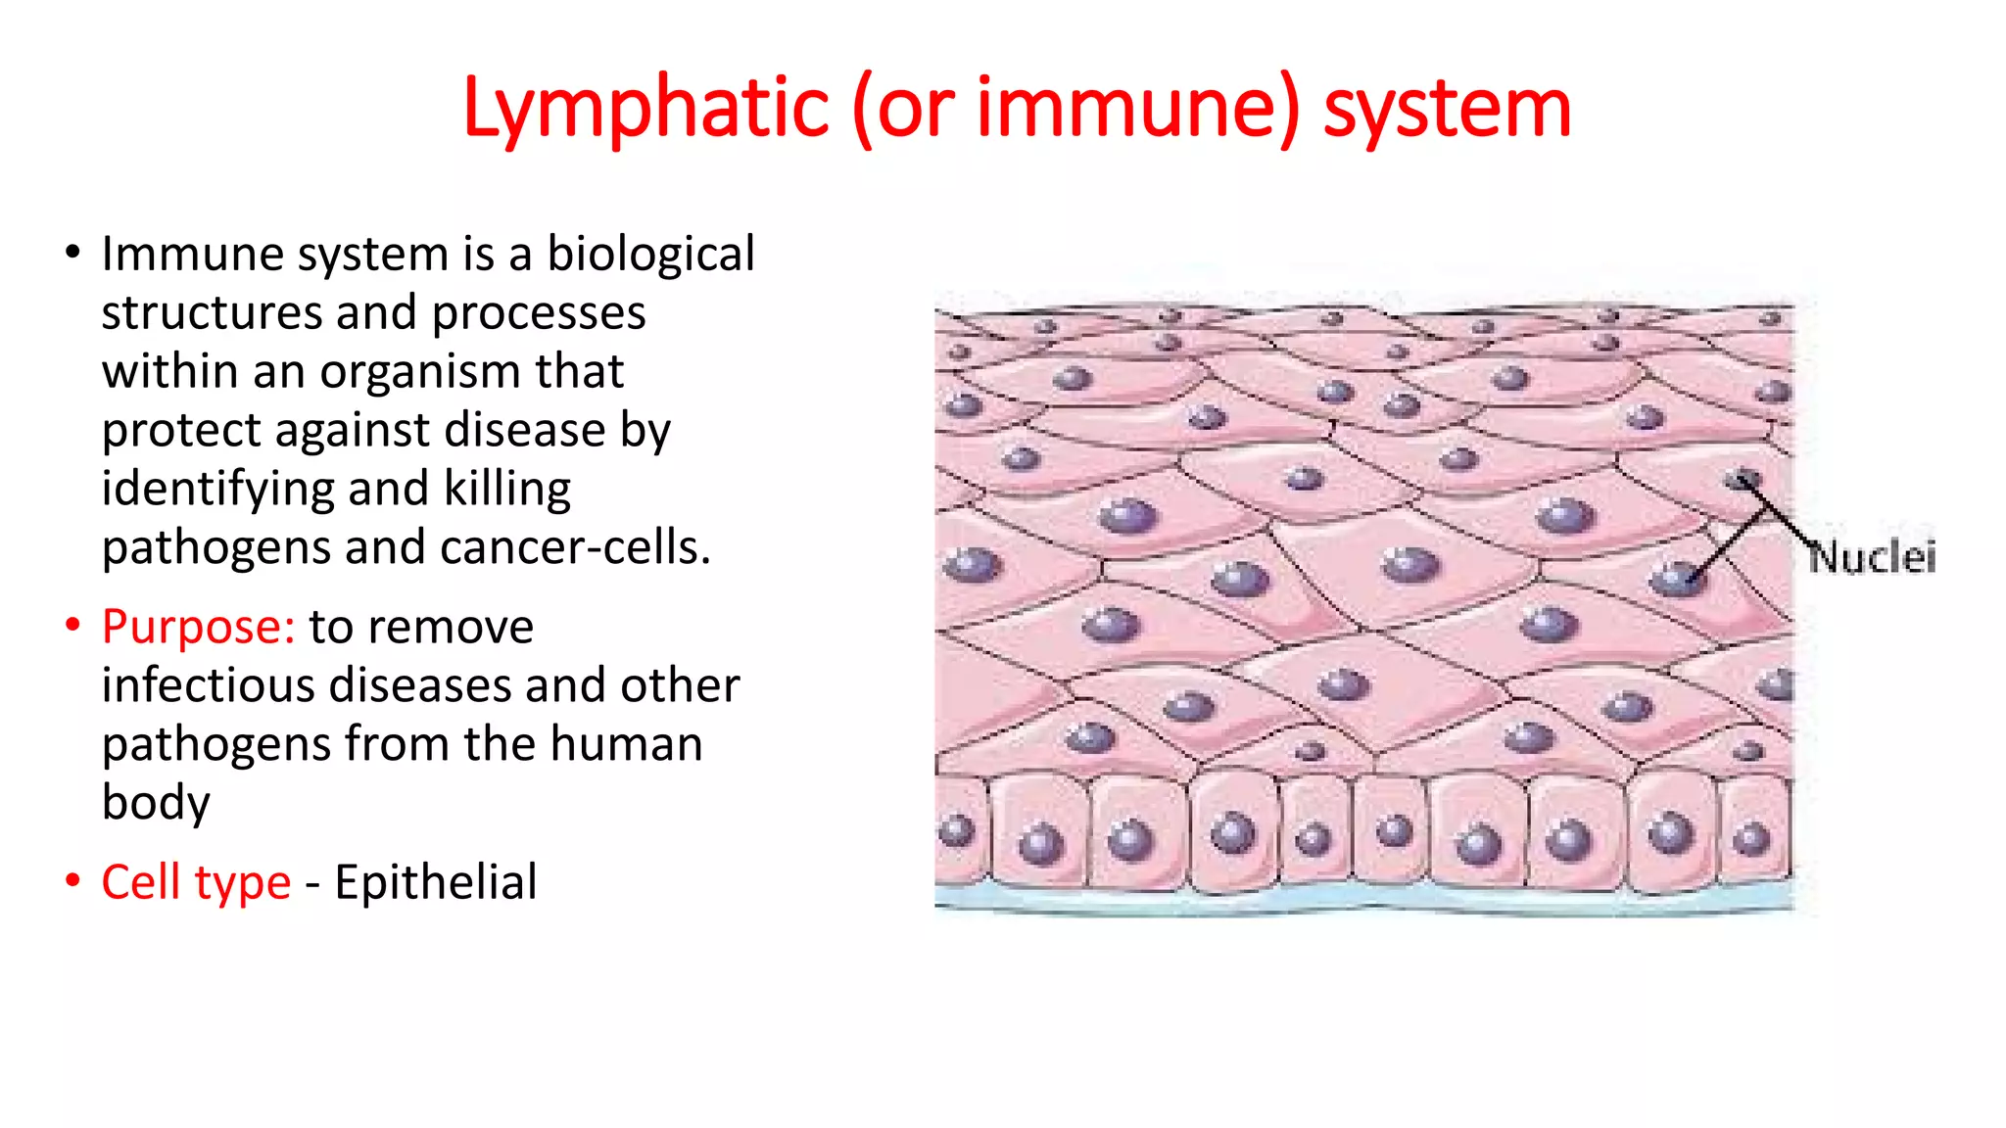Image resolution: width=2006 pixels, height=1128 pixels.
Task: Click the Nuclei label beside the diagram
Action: pos(1872,557)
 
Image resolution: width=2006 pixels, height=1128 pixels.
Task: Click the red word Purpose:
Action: pos(198,627)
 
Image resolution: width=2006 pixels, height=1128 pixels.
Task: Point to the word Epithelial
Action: pos(436,881)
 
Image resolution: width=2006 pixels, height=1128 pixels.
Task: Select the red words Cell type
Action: pos(196,881)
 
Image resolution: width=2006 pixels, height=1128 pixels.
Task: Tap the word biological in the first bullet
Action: pos(650,255)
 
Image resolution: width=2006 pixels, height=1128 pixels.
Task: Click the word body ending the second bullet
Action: pos(156,803)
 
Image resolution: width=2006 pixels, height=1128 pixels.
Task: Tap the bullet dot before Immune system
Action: pos(72,252)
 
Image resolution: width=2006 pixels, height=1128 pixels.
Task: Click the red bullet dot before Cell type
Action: pos(72,879)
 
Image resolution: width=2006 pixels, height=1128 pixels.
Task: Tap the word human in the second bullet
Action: pos(626,743)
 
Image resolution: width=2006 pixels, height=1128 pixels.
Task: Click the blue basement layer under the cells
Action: pos(1361,897)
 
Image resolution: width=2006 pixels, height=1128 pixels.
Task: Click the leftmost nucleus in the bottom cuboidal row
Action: pos(957,831)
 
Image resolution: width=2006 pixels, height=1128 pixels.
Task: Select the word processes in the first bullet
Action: pos(538,313)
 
